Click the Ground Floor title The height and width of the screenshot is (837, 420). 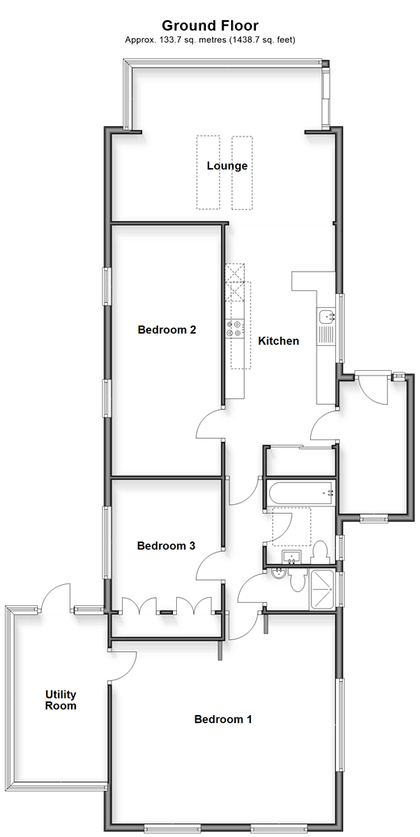coord(210,25)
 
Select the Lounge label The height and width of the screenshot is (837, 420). coord(227,166)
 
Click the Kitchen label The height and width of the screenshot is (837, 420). coord(279,341)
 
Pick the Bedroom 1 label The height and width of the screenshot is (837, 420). coord(223,719)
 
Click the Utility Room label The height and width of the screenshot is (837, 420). coord(61,700)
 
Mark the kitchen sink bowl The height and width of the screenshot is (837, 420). coord(325,317)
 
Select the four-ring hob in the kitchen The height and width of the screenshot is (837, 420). coord(235,328)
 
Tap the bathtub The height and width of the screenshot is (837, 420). coord(300,493)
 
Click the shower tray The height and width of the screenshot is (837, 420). coord(322,589)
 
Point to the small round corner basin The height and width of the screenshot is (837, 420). coord(279,574)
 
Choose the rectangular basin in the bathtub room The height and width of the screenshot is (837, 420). coord(292,557)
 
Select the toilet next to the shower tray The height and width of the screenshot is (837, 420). coord(298,579)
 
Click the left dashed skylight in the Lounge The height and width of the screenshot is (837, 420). coord(208,172)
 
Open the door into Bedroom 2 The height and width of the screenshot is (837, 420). coord(211,424)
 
